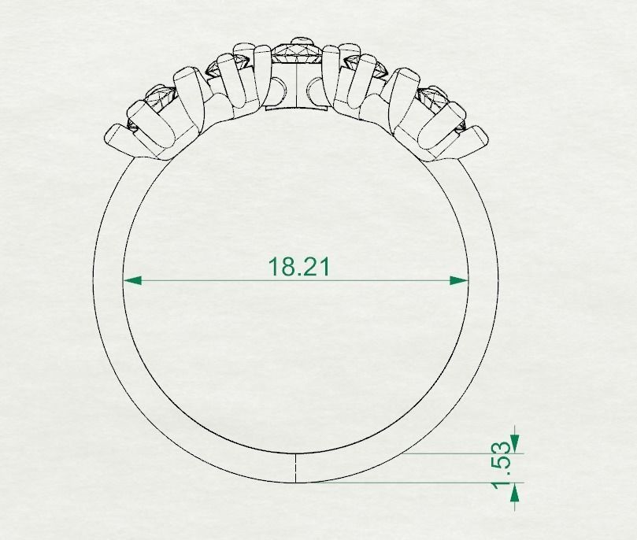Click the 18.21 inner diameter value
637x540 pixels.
point(299,266)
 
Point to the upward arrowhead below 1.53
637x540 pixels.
point(515,493)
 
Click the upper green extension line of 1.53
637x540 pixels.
point(465,453)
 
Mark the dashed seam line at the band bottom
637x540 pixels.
point(294,468)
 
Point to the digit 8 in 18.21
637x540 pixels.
point(287,266)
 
